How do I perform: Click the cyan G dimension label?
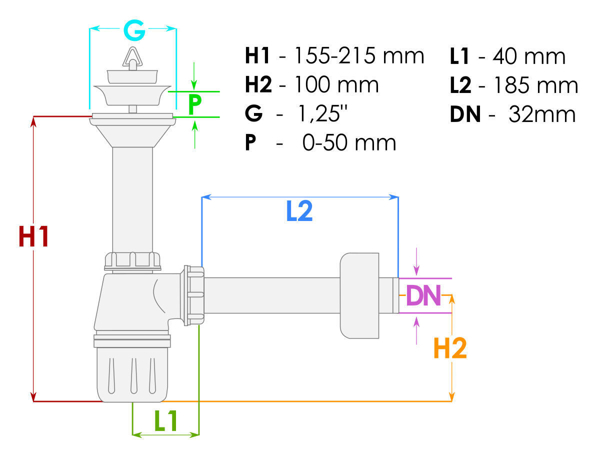click(134, 31)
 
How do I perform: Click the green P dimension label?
click(195, 104)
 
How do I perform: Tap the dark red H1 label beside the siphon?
click(33, 237)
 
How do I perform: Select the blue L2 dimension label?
click(299, 211)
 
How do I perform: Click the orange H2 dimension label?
click(450, 348)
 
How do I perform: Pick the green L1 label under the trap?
click(166, 421)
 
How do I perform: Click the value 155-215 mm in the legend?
click(358, 56)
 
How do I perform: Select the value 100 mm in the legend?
click(336, 85)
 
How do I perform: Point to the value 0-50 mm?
click(349, 143)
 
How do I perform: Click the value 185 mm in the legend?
click(535, 85)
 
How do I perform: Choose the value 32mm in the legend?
click(542, 114)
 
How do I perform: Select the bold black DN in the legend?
click(465, 114)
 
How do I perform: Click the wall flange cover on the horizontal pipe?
click(360, 295)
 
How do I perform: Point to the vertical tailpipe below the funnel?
click(132, 200)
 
